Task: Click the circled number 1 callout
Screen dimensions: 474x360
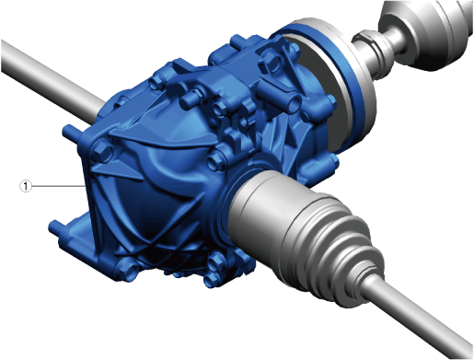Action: [26, 186]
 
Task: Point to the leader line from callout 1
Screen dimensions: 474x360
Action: [58, 186]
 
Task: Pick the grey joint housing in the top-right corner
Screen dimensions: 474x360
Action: [426, 34]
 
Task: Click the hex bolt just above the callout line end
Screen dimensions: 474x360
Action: [102, 150]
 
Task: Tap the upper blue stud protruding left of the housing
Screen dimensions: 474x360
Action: [71, 132]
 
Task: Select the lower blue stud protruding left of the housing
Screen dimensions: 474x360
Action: [57, 227]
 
